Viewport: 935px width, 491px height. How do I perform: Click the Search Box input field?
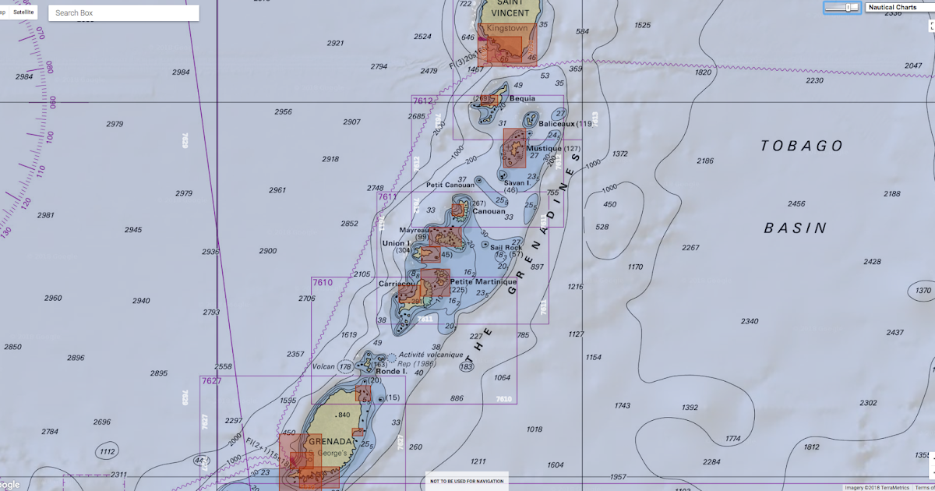pyautogui.click(x=123, y=13)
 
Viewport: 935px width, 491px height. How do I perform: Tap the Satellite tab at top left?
pyautogui.click(x=24, y=12)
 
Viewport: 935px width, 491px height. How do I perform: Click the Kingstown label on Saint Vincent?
pyautogui.click(x=506, y=28)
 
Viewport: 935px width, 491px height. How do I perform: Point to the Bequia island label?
pyautogui.click(x=522, y=99)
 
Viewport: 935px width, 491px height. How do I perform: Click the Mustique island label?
pyautogui.click(x=543, y=148)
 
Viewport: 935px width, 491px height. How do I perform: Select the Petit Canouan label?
pyautogui.click(x=450, y=185)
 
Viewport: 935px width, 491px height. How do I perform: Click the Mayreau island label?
pyautogui.click(x=414, y=231)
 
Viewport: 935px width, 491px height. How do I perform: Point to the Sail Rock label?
pyautogui.click(x=506, y=248)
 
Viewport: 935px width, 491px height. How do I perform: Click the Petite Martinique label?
pyautogui.click(x=483, y=281)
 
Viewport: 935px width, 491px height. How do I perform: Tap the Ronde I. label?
pyautogui.click(x=391, y=372)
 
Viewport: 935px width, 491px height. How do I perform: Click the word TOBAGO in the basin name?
pyautogui.click(x=802, y=147)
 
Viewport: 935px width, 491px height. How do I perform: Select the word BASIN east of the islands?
pyautogui.click(x=795, y=228)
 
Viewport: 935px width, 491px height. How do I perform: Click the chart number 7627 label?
pyautogui.click(x=211, y=381)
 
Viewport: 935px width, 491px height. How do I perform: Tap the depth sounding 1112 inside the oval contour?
pyautogui.click(x=108, y=451)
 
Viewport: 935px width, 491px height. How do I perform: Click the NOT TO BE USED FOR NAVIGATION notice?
pyautogui.click(x=467, y=482)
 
